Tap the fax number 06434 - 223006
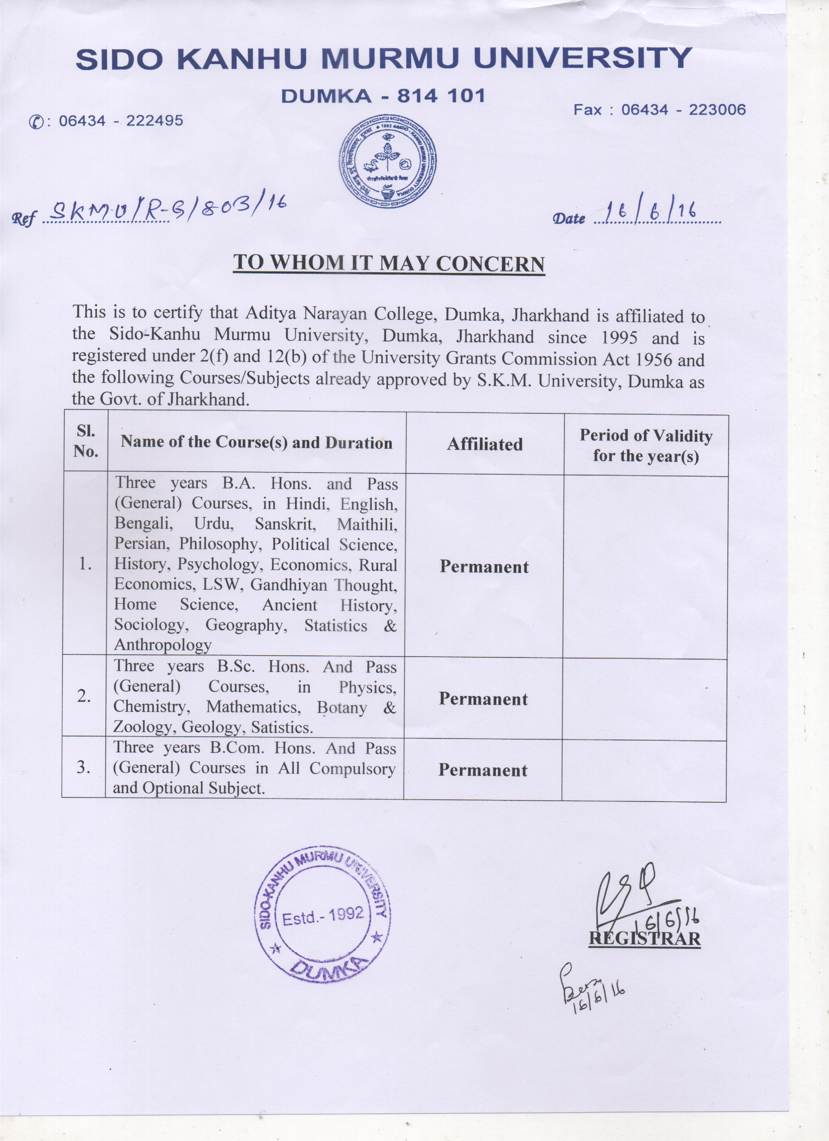pyautogui.click(x=683, y=110)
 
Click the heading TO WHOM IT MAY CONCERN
pyautogui.click(x=389, y=264)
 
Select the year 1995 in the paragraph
pyautogui.click(x=619, y=337)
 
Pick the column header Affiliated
pyautogui.click(x=485, y=444)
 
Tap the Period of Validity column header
pyautogui.click(x=646, y=445)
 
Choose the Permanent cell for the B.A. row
pyautogui.click(x=484, y=567)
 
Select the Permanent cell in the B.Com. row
pyautogui.click(x=482, y=770)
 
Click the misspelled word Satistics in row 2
pyautogui.click(x=282, y=728)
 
